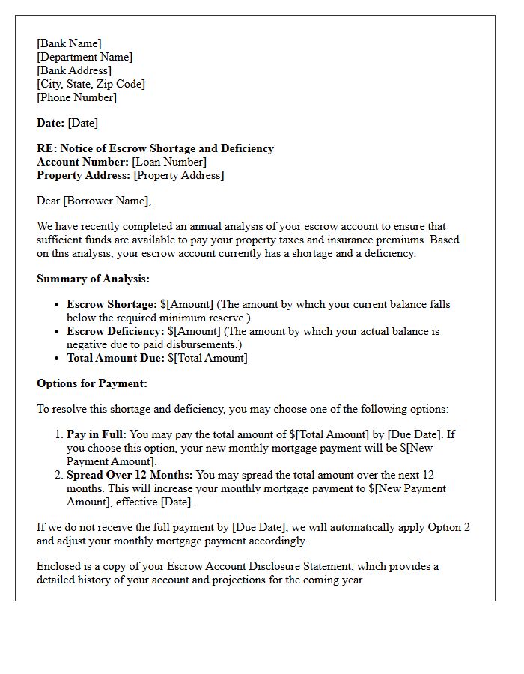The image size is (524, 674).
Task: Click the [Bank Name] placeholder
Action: pyautogui.click(x=69, y=43)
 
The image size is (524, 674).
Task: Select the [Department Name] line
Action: pyautogui.click(x=85, y=57)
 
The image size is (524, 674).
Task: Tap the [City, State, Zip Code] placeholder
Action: pyautogui.click(x=91, y=84)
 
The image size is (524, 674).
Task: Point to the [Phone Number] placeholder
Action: pyautogui.click(x=76, y=97)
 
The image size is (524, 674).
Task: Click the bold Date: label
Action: pyautogui.click(x=51, y=123)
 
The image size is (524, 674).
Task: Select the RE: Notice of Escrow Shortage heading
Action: pyautogui.click(x=155, y=148)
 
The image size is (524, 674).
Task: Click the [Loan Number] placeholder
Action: pyautogui.click(x=169, y=162)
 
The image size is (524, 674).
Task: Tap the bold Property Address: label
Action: pyautogui.click(x=83, y=175)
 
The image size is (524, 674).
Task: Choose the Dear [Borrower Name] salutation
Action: pyautogui.click(x=94, y=201)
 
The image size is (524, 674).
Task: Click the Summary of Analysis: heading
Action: pyautogui.click(x=93, y=279)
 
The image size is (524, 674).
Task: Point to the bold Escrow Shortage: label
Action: pyautogui.click(x=112, y=304)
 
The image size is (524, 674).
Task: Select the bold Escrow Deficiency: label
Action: pyautogui.click(x=115, y=331)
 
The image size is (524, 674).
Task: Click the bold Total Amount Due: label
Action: pyautogui.click(x=115, y=358)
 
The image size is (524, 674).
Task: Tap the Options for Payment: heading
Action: pyautogui.click(x=92, y=383)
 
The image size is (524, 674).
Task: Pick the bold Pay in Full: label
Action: pyautogui.click(x=97, y=434)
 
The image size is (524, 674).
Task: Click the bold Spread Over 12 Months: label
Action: pyautogui.click(x=130, y=475)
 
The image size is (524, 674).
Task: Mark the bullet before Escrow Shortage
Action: pyautogui.click(x=58, y=305)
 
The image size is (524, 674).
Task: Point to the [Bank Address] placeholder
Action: pyautogui.click(x=74, y=70)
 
